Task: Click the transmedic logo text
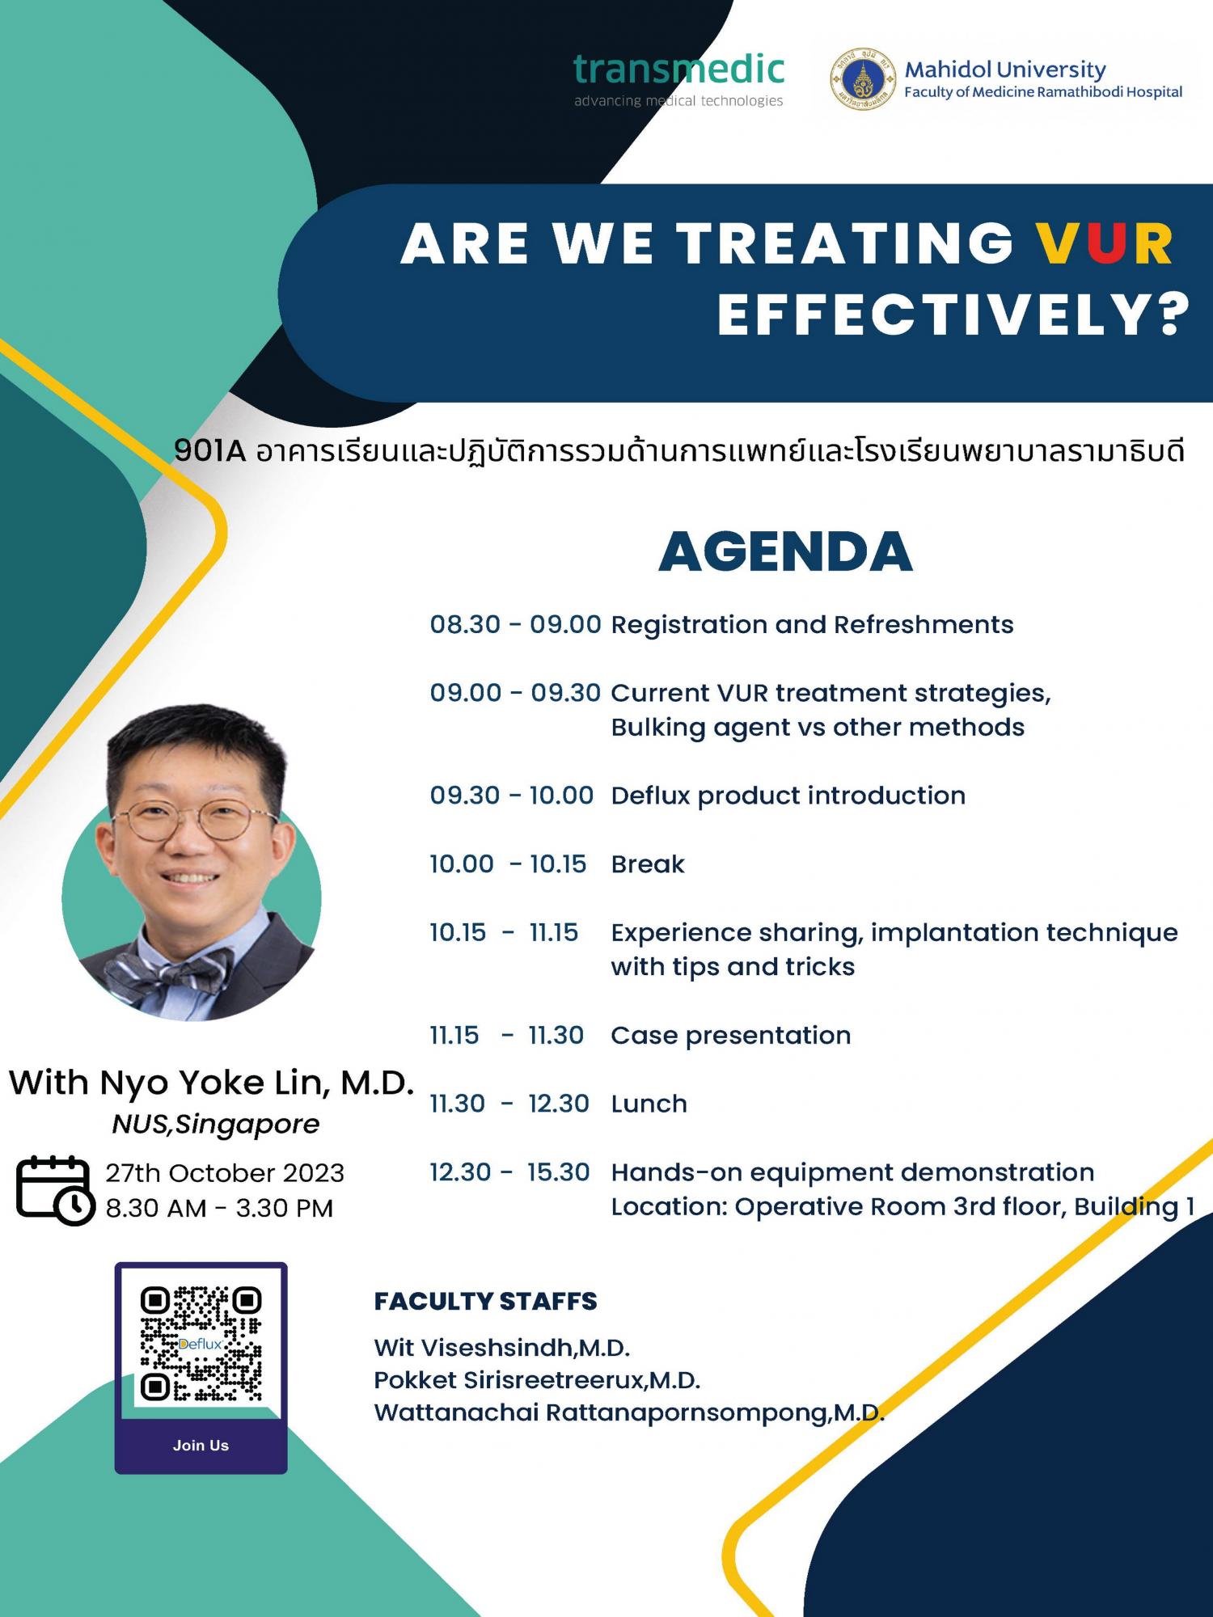pyautogui.click(x=678, y=70)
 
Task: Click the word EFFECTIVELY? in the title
pyautogui.click(x=953, y=315)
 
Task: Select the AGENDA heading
pyautogui.click(x=785, y=552)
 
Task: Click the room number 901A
pyautogui.click(x=209, y=451)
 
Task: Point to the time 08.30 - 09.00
pyautogui.click(x=515, y=624)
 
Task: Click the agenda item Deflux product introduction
pyautogui.click(x=788, y=796)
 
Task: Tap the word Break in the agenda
pyautogui.click(x=648, y=864)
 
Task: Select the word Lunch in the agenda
pyautogui.click(x=649, y=1104)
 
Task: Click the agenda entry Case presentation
pyautogui.click(x=730, y=1036)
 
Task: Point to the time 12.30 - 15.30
pyautogui.click(x=509, y=1172)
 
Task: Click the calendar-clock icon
pyautogui.click(x=55, y=1190)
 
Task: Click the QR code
pyautogui.click(x=201, y=1344)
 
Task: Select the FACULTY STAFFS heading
pyautogui.click(x=485, y=1302)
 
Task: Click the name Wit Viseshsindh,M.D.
pyautogui.click(x=501, y=1348)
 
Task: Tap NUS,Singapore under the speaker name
pyautogui.click(x=216, y=1125)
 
